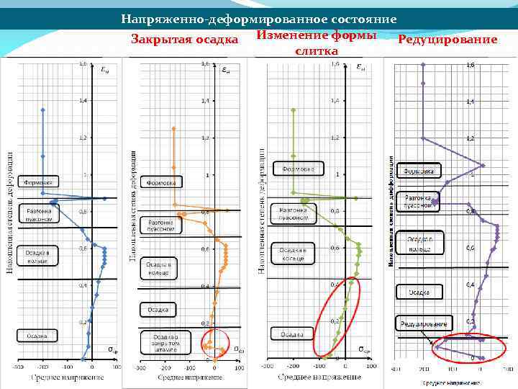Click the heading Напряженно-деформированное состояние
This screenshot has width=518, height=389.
pyautogui.click(x=258, y=19)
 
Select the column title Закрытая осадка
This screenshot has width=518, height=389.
pyautogui.click(x=185, y=39)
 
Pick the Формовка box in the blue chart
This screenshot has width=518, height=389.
pyautogui.click(x=38, y=180)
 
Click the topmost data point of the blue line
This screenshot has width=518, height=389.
pyautogui.click(x=43, y=110)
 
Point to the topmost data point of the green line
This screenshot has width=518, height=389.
pyautogui.click(x=293, y=110)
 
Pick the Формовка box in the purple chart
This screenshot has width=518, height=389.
pyautogui.click(x=419, y=171)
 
